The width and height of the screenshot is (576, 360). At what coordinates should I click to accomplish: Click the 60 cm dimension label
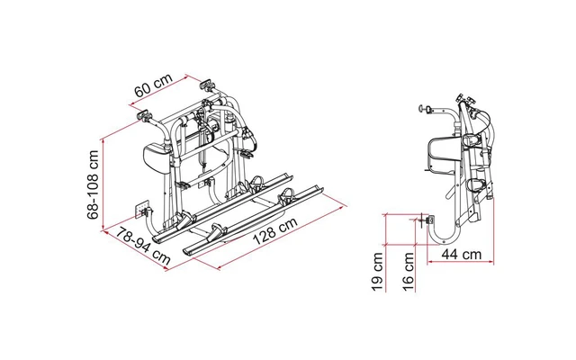tap(153, 85)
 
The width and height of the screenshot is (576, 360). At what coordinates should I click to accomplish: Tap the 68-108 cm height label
tap(94, 184)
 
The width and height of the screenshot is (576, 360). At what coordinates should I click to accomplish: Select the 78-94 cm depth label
tap(144, 246)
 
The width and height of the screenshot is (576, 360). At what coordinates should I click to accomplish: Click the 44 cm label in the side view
tap(462, 254)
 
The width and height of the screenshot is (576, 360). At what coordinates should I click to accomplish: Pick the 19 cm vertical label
tap(378, 272)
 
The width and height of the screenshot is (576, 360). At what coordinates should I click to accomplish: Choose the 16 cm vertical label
tap(409, 272)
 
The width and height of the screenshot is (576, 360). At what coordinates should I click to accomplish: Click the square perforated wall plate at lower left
tap(142, 209)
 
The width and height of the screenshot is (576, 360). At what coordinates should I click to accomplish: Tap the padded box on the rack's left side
tap(155, 155)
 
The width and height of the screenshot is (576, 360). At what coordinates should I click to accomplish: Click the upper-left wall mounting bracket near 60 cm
tap(144, 115)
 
